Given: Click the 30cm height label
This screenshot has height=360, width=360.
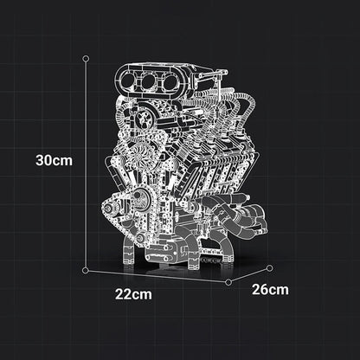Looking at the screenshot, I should pyautogui.click(x=53, y=160).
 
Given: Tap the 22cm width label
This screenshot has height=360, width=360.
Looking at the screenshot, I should pyautogui.click(x=133, y=294).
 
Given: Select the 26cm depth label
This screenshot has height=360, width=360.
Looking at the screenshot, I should pyautogui.click(x=270, y=289).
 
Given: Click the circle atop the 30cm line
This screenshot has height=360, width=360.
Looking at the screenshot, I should pyautogui.click(x=86, y=59).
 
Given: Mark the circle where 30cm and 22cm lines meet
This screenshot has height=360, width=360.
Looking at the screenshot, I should pyautogui.click(x=86, y=270).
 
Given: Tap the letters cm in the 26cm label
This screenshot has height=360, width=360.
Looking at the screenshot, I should pyautogui.click(x=279, y=289).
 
